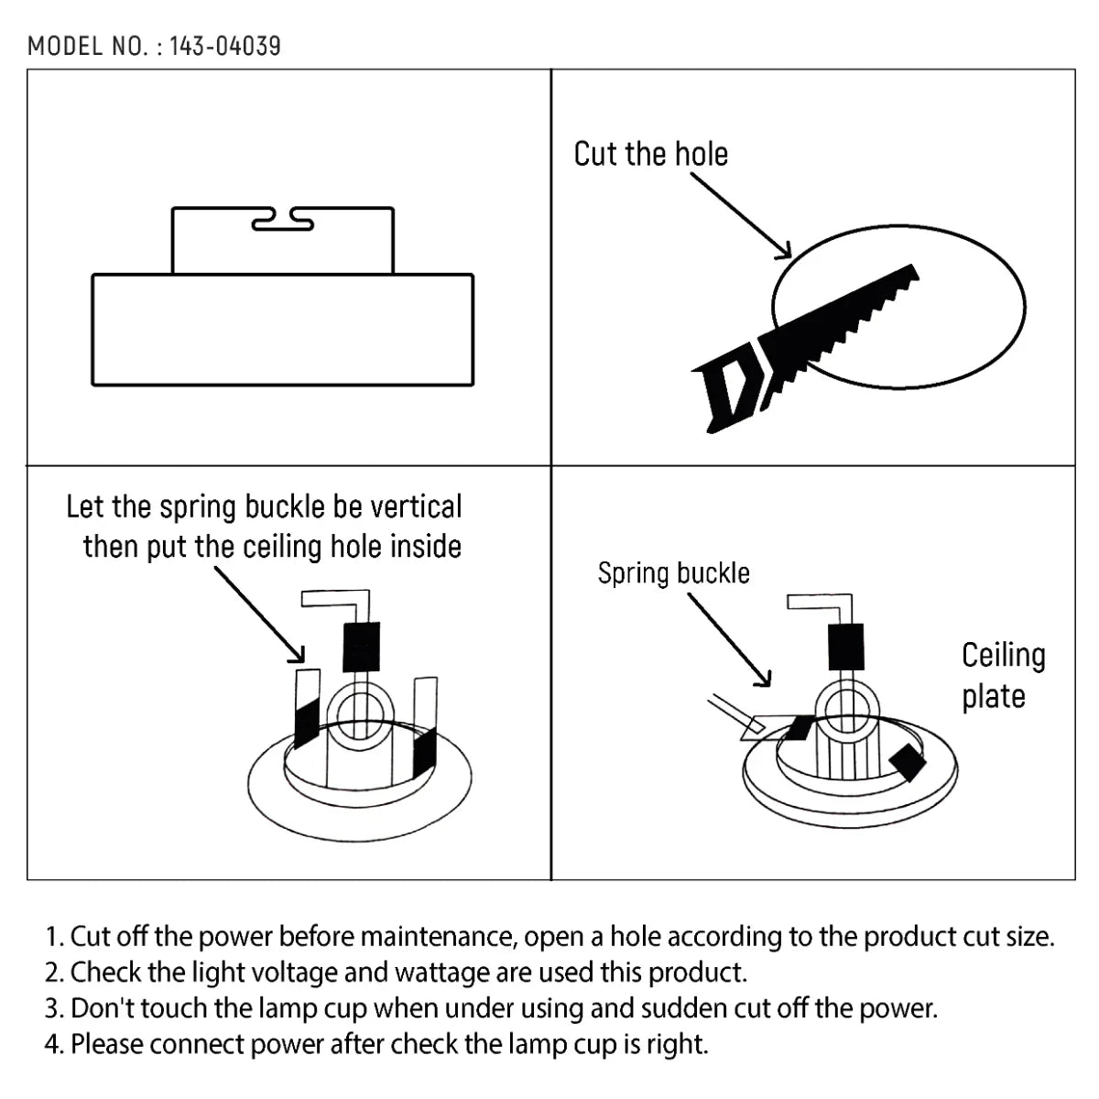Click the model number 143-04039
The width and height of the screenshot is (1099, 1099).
[224, 46]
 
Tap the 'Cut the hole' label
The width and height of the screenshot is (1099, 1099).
[650, 154]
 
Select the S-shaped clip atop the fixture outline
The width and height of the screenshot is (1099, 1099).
[282, 220]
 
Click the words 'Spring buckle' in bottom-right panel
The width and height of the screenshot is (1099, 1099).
[673, 573]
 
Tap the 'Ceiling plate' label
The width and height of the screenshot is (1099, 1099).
[1002, 675]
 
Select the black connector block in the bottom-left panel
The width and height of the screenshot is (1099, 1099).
[361, 647]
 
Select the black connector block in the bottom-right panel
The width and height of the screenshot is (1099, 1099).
[844, 646]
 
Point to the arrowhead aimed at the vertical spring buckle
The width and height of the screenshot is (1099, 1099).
[296, 653]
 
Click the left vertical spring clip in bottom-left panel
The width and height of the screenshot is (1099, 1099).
[306, 710]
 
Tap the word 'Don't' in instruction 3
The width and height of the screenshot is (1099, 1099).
[101, 1008]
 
